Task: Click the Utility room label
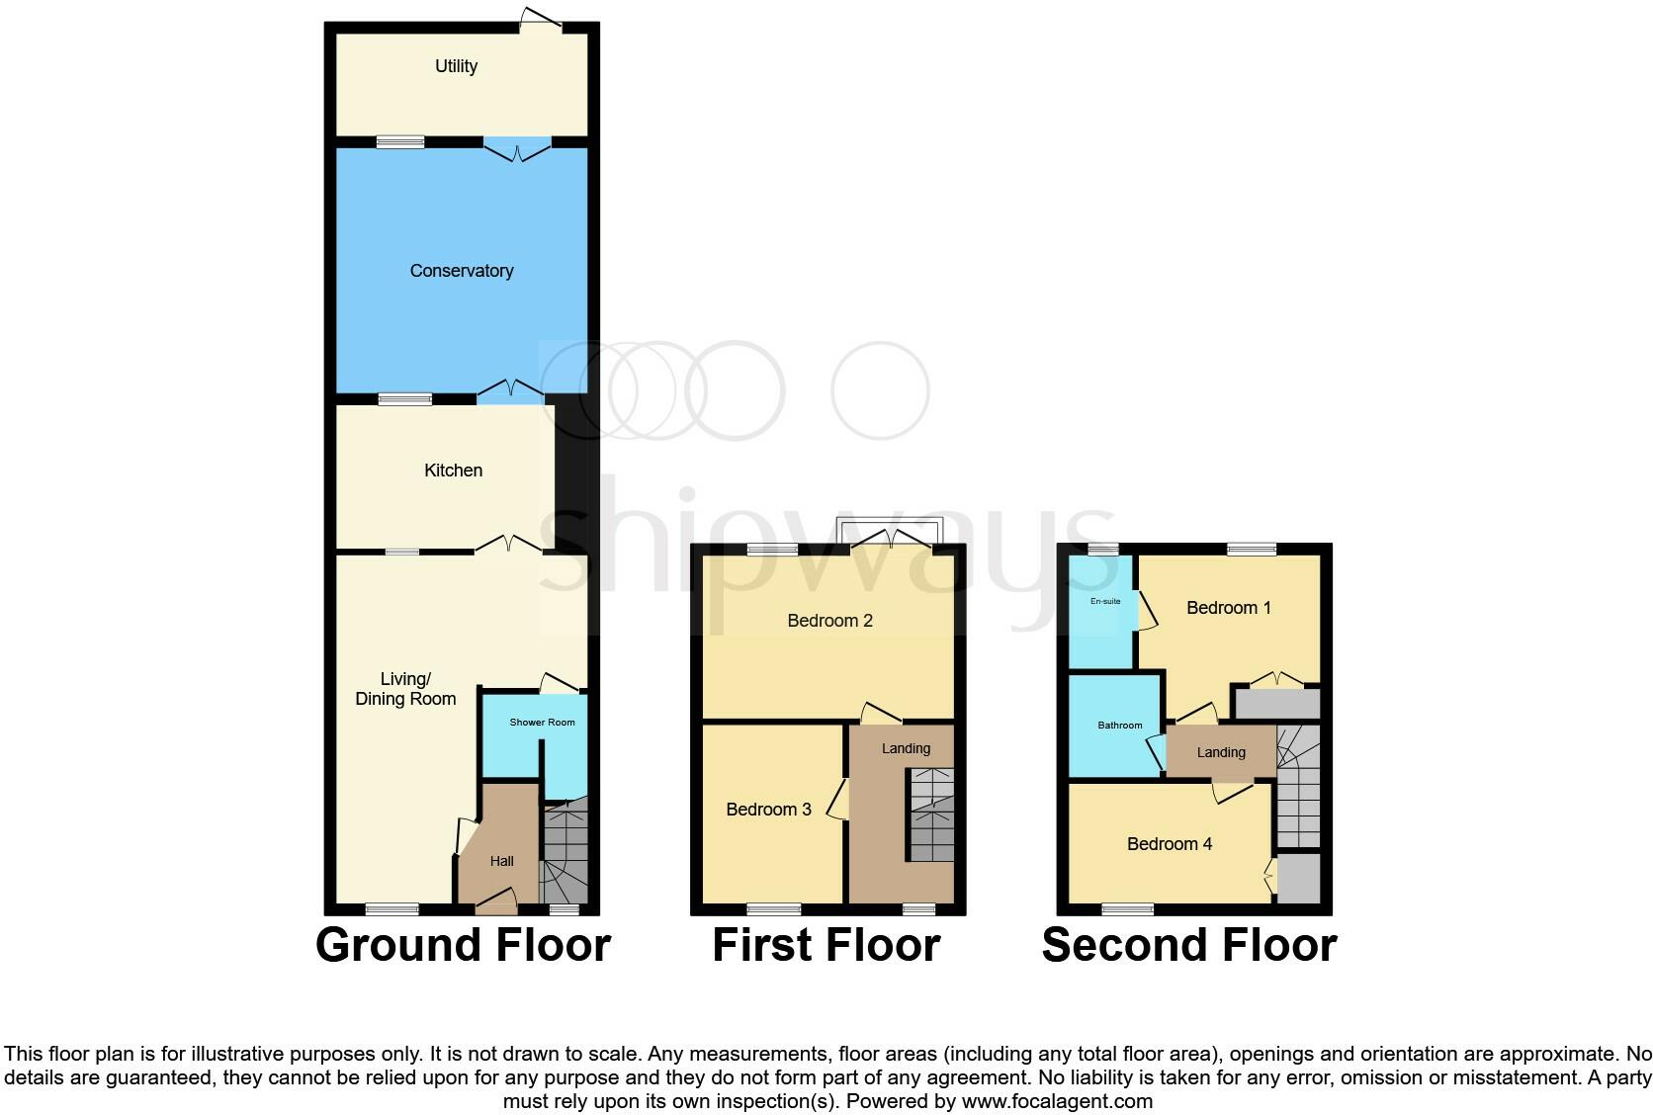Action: pos(456,66)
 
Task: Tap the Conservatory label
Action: pos(462,271)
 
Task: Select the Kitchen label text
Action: pos(453,471)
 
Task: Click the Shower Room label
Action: pos(542,723)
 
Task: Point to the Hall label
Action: pos(501,862)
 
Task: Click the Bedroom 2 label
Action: pos(829,621)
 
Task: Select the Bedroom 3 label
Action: pos(768,810)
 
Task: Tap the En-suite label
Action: pos(1105,601)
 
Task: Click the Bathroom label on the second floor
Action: pos(1119,726)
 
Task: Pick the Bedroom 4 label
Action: pos(1169,844)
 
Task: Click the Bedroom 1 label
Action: pos(1228,608)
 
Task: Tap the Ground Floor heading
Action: pos(463,945)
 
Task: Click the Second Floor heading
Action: pos(1188,945)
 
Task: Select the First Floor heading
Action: pos(826,945)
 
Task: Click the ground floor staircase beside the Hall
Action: pos(565,855)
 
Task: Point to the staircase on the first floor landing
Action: pos(931,815)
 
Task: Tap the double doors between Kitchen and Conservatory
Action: pos(510,392)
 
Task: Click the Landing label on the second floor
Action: pos(1221,752)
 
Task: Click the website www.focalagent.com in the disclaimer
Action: pos(1057,1101)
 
